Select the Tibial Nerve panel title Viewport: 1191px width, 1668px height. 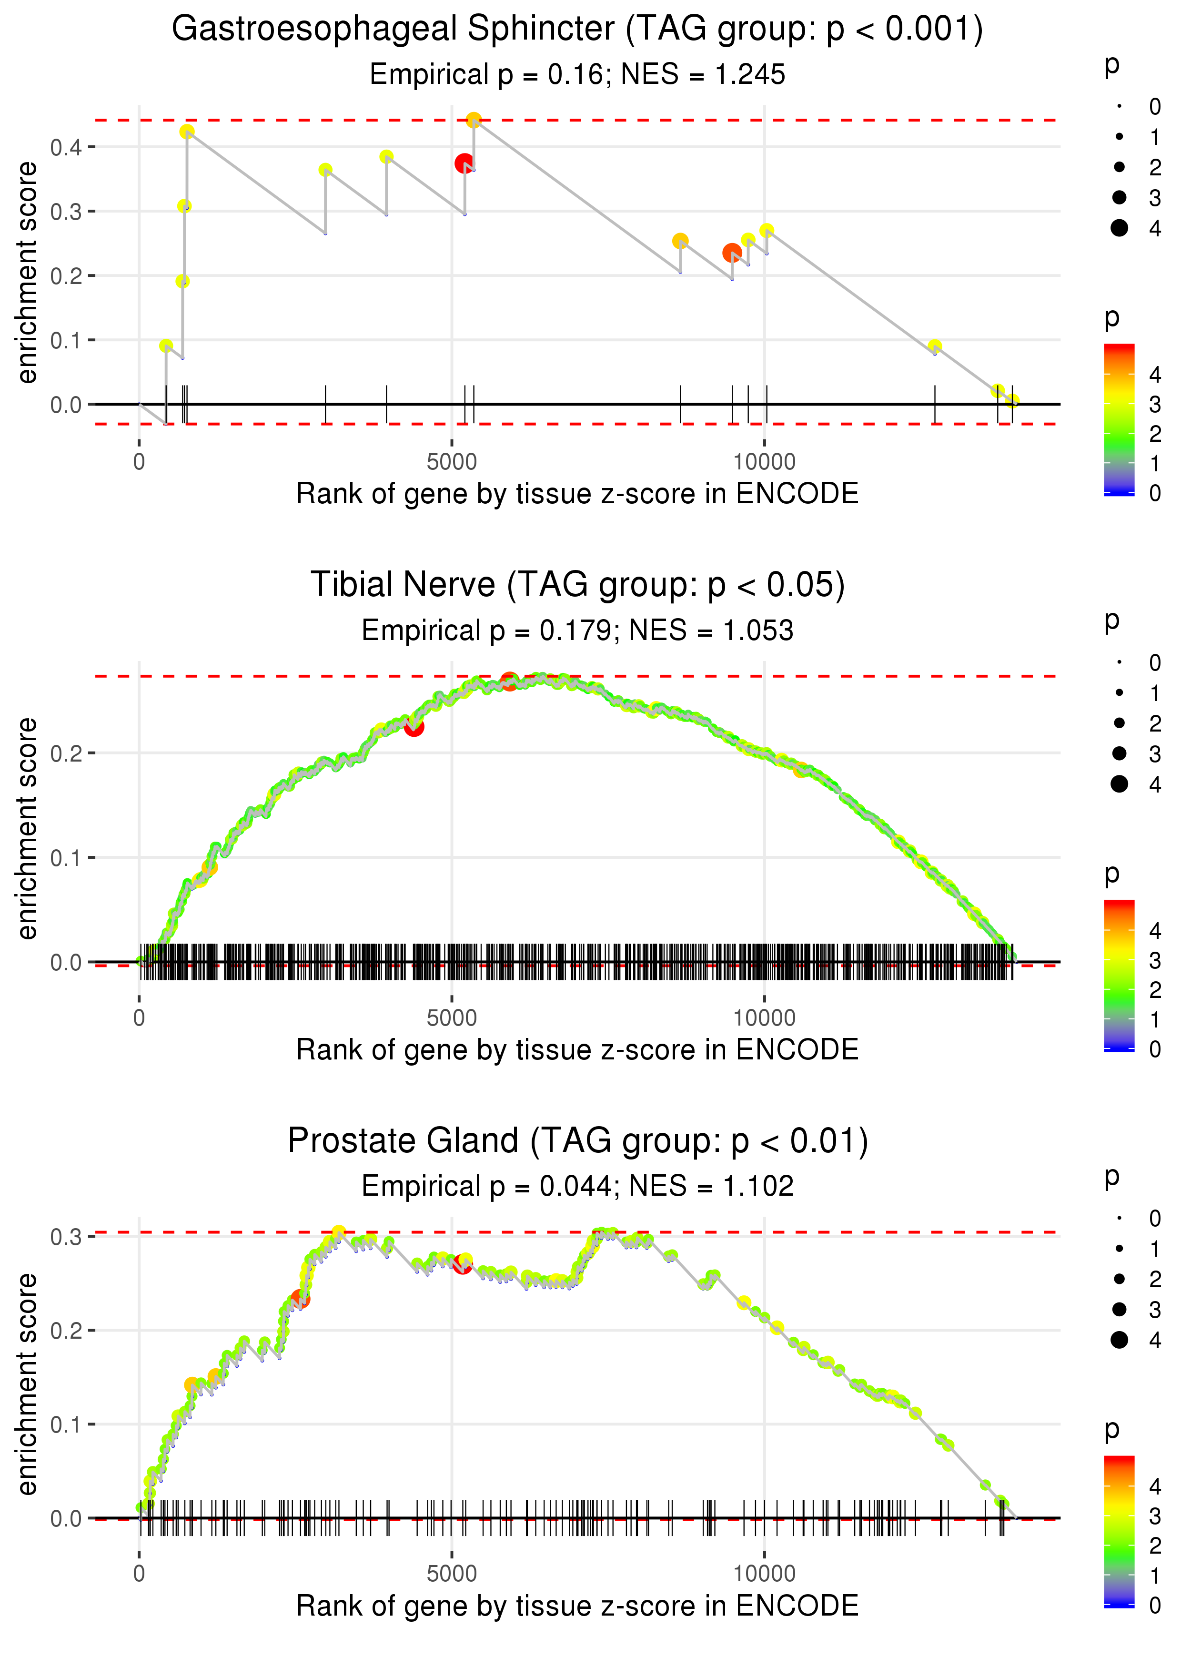point(577,585)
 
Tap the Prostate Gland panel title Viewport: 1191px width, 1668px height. point(577,1140)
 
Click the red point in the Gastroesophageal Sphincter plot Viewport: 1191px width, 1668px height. point(464,163)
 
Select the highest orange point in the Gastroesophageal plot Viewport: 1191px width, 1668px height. point(474,120)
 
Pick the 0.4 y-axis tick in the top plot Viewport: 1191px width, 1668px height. point(66,147)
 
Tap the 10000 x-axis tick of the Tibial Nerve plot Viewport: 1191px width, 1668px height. point(764,1017)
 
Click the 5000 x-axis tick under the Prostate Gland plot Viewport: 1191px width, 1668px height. point(452,1573)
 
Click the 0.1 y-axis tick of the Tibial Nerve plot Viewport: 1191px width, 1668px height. point(66,857)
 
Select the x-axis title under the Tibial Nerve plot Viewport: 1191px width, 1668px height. point(577,1050)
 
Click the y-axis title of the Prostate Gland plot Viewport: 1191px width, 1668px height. point(27,1383)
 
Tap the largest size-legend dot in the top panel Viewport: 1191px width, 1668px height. point(1119,228)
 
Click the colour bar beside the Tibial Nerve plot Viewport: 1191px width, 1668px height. point(1119,975)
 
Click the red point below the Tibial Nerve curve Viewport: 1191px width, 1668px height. point(414,727)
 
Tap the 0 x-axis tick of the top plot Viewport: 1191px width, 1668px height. point(139,462)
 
